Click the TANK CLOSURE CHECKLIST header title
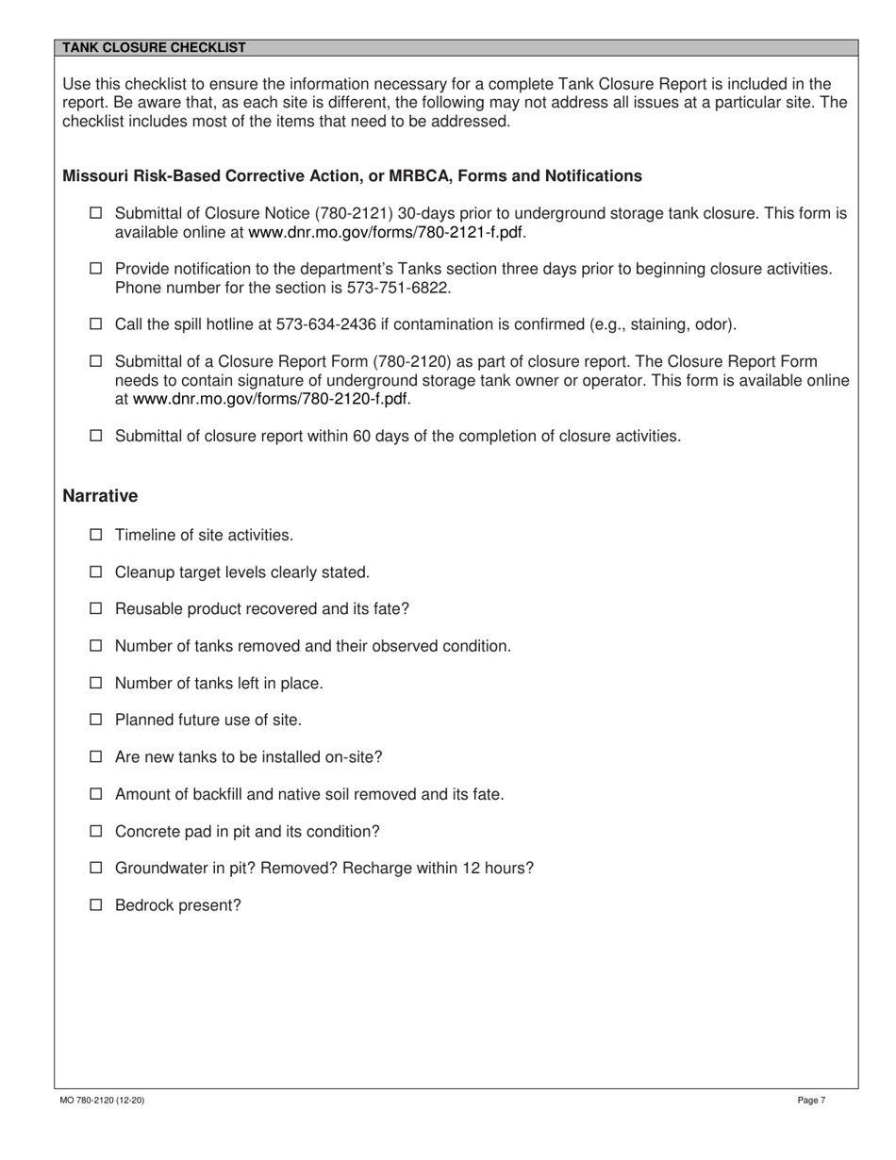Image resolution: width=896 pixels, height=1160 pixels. coord(154,47)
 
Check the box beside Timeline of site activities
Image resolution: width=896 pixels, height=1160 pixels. coord(95,535)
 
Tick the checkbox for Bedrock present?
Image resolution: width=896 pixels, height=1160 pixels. coord(95,905)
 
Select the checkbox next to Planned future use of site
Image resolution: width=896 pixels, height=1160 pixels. coord(95,720)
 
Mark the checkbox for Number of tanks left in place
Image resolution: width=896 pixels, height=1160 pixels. coord(95,683)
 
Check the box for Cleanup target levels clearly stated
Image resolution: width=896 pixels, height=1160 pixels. coord(95,572)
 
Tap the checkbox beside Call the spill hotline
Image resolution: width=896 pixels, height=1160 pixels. coord(95,324)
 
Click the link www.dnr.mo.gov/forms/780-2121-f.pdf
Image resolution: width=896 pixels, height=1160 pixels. coord(387,232)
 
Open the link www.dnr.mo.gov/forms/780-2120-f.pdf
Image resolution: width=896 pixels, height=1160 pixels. coord(272,399)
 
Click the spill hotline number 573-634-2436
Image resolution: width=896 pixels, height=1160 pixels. coord(326,324)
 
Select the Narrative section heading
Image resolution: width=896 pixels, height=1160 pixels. coord(100,496)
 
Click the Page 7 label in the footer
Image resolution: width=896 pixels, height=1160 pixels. coord(811,1100)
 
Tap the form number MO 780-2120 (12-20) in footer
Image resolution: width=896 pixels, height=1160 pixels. coord(102,1100)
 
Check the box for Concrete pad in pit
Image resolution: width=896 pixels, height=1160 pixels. coord(95,831)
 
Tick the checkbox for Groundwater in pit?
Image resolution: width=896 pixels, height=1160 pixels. coord(95,868)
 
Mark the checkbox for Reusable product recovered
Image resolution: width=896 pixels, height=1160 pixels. coord(95,608)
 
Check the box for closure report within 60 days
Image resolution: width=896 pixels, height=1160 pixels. coord(95,436)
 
